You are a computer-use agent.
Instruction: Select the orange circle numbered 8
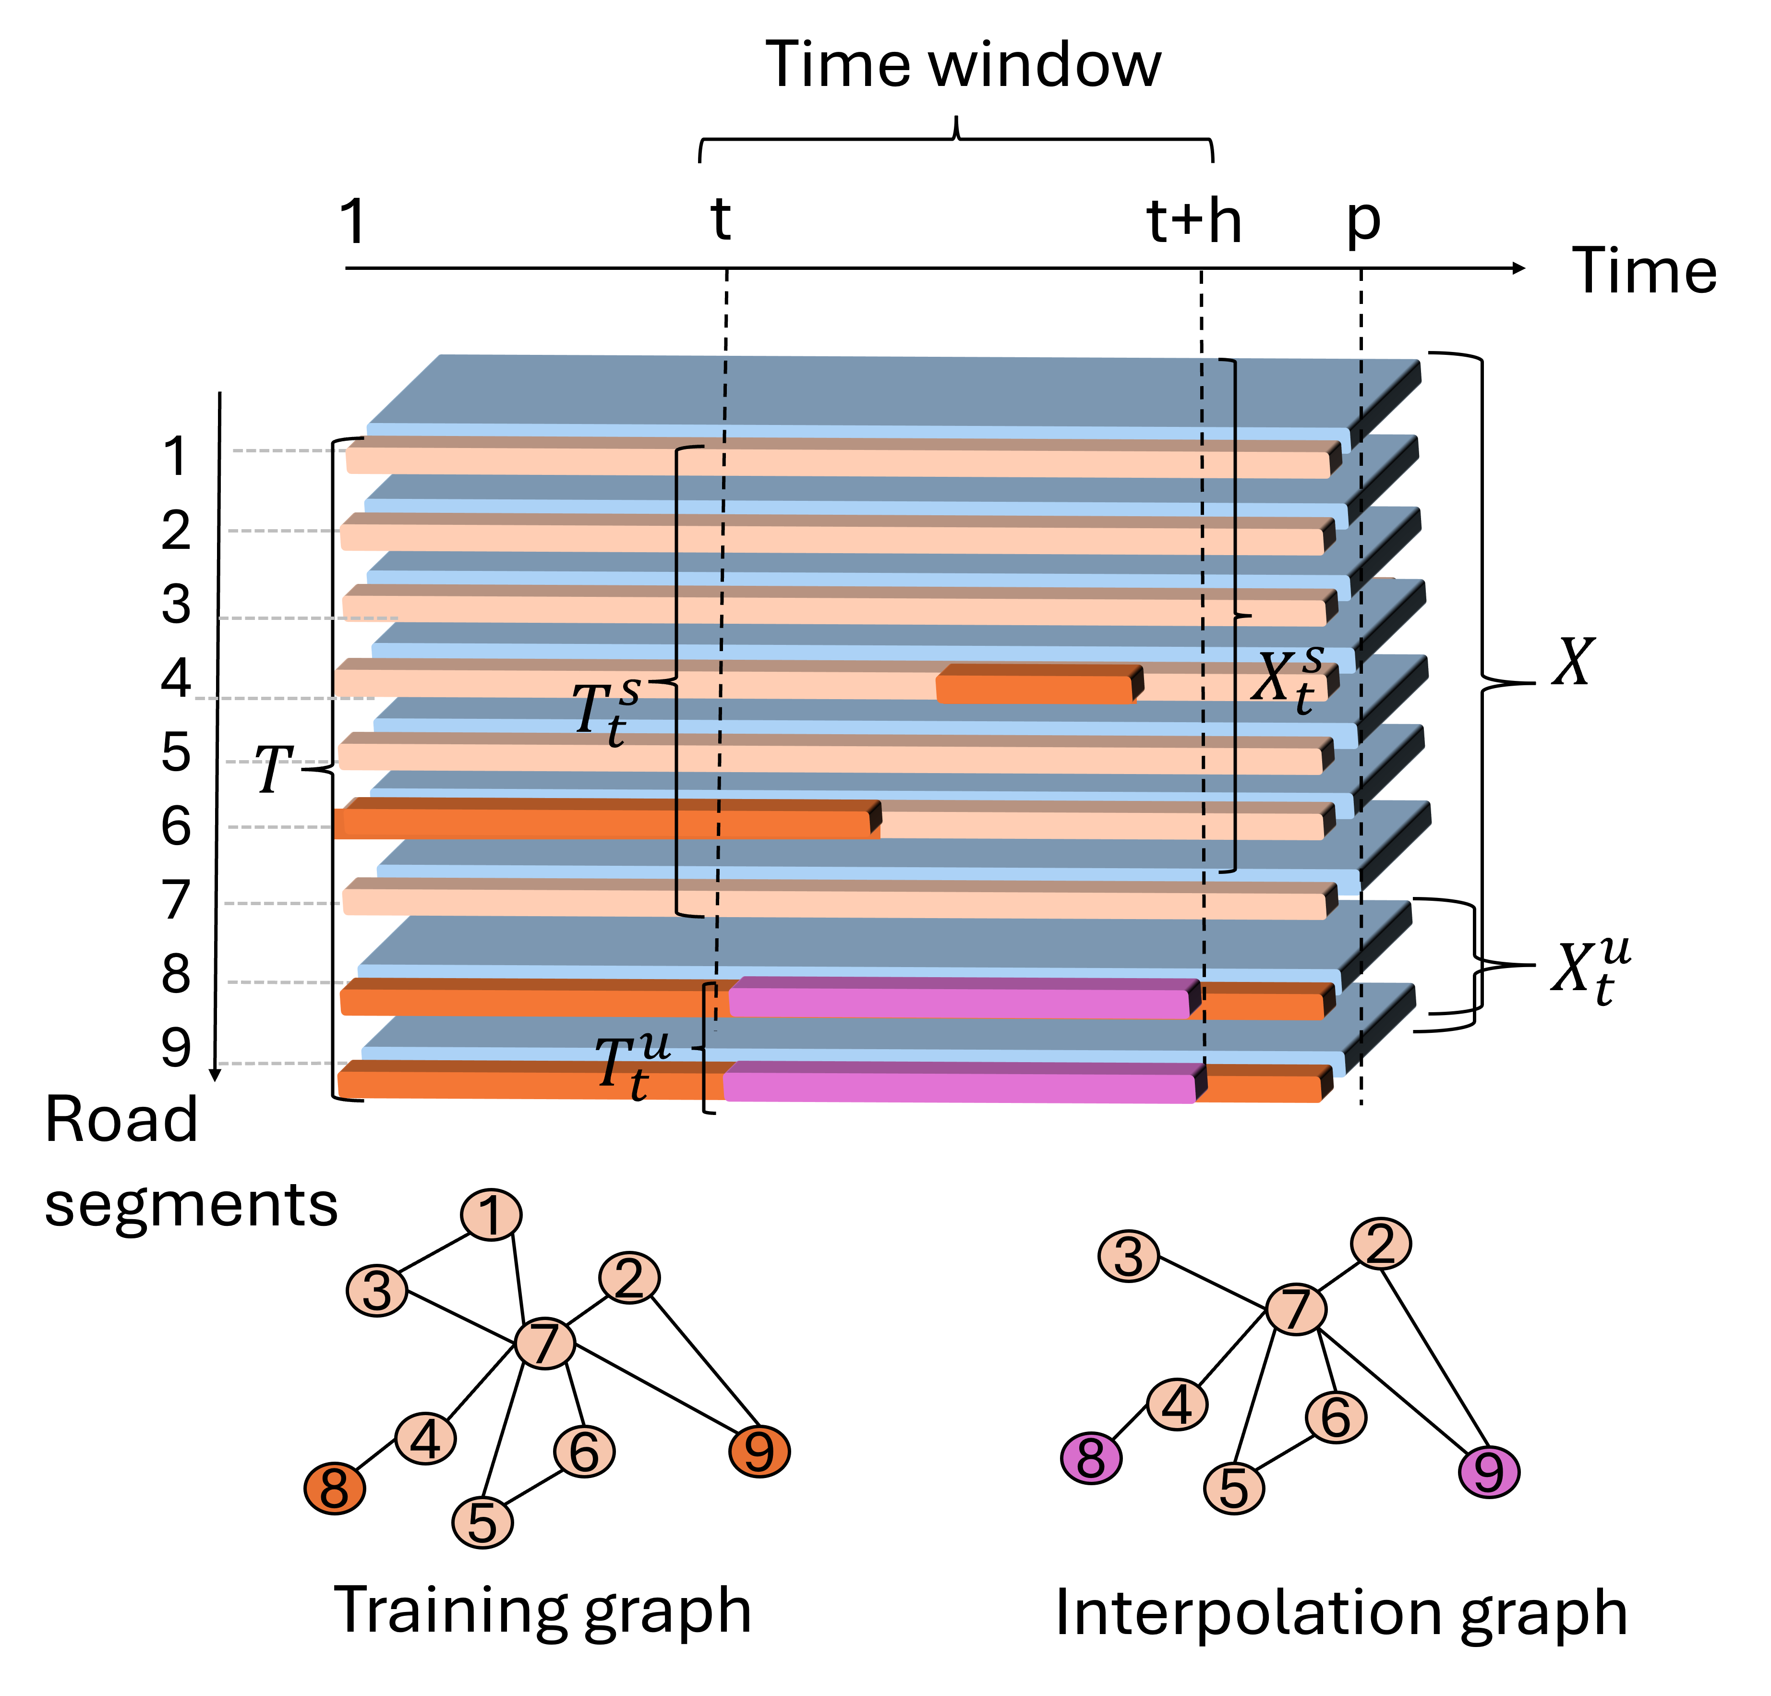334,1488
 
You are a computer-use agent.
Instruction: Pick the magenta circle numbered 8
1091,1458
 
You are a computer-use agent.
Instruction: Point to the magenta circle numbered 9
1489,1472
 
